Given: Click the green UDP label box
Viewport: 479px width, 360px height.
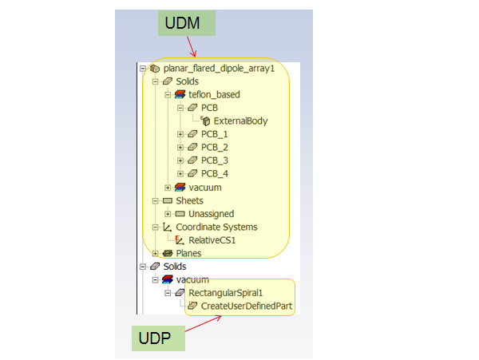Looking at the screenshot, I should (158, 338).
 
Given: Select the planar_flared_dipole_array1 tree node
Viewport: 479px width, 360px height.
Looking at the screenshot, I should (218, 69).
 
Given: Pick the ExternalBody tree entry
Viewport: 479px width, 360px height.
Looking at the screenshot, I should (240, 121).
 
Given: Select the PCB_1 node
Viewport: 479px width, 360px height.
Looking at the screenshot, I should (215, 134).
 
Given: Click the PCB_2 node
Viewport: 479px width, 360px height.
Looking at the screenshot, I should (215, 148).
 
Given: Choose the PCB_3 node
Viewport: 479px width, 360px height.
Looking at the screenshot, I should (215, 160).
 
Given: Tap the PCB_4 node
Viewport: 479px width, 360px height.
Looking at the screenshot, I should (215, 173).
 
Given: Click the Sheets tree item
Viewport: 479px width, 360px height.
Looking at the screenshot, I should (189, 200).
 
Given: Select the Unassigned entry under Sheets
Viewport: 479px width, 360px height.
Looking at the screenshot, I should (212, 213).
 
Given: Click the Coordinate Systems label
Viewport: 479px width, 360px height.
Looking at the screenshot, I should (216, 227).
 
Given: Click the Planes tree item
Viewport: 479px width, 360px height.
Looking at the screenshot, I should (188, 253).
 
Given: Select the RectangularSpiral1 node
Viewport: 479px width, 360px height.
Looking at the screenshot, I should (225, 293).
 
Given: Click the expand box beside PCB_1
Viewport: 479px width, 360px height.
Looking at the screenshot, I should (180, 134).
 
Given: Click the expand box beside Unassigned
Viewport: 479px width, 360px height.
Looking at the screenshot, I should (168, 213).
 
